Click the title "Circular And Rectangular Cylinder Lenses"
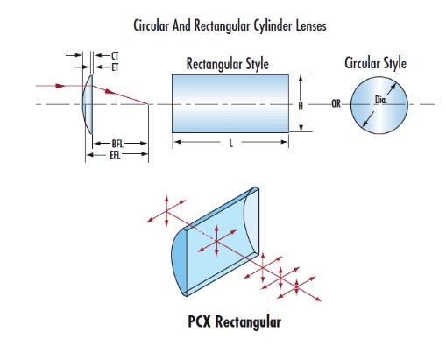point(230,25)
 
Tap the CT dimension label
point(115,55)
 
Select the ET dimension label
point(115,67)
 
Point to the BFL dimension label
point(117,144)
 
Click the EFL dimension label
point(115,155)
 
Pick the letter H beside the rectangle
point(301,106)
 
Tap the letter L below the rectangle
point(231,144)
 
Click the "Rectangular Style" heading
point(228,64)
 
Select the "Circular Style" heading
point(376,63)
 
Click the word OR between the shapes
point(336,103)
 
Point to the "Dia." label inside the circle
point(381,100)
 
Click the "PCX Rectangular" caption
point(235,321)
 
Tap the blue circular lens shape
point(379,105)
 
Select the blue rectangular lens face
point(230,103)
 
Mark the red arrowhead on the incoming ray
point(60,86)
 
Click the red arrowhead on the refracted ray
point(110,92)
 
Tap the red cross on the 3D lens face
point(216,241)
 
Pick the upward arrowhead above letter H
point(301,78)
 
